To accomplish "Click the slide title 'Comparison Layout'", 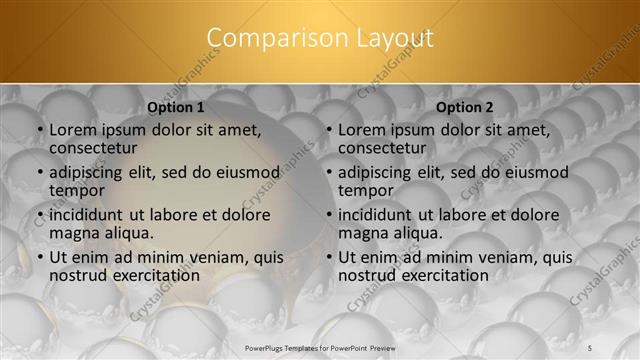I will [320, 38].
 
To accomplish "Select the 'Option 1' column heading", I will [176, 107].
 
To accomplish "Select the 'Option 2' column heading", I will [465, 107].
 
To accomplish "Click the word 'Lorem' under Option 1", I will [73, 130].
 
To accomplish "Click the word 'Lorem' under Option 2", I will [362, 130].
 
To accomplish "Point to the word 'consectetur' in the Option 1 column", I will [92, 148].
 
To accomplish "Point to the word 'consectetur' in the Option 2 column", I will [381, 148].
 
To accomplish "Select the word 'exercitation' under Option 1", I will [151, 275].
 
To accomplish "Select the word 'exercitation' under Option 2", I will [440, 275].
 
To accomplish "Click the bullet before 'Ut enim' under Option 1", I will [40, 257].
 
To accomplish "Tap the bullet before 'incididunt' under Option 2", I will [329, 215].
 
